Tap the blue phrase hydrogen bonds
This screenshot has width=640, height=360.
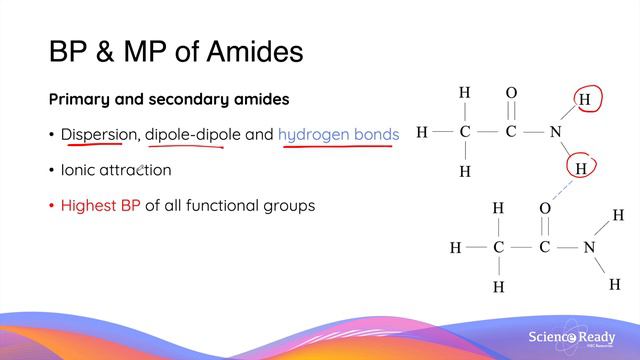coord(338,134)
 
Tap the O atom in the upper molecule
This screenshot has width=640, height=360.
coord(511,94)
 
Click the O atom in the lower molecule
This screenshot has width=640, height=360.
coord(545,209)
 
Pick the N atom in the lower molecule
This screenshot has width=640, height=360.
coord(589,247)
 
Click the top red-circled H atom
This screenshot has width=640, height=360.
coord(585,99)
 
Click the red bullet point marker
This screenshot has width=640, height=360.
coord(51,207)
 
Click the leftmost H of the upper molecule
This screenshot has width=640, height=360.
coord(421,132)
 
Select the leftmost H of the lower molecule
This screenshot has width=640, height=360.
coord(455,247)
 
